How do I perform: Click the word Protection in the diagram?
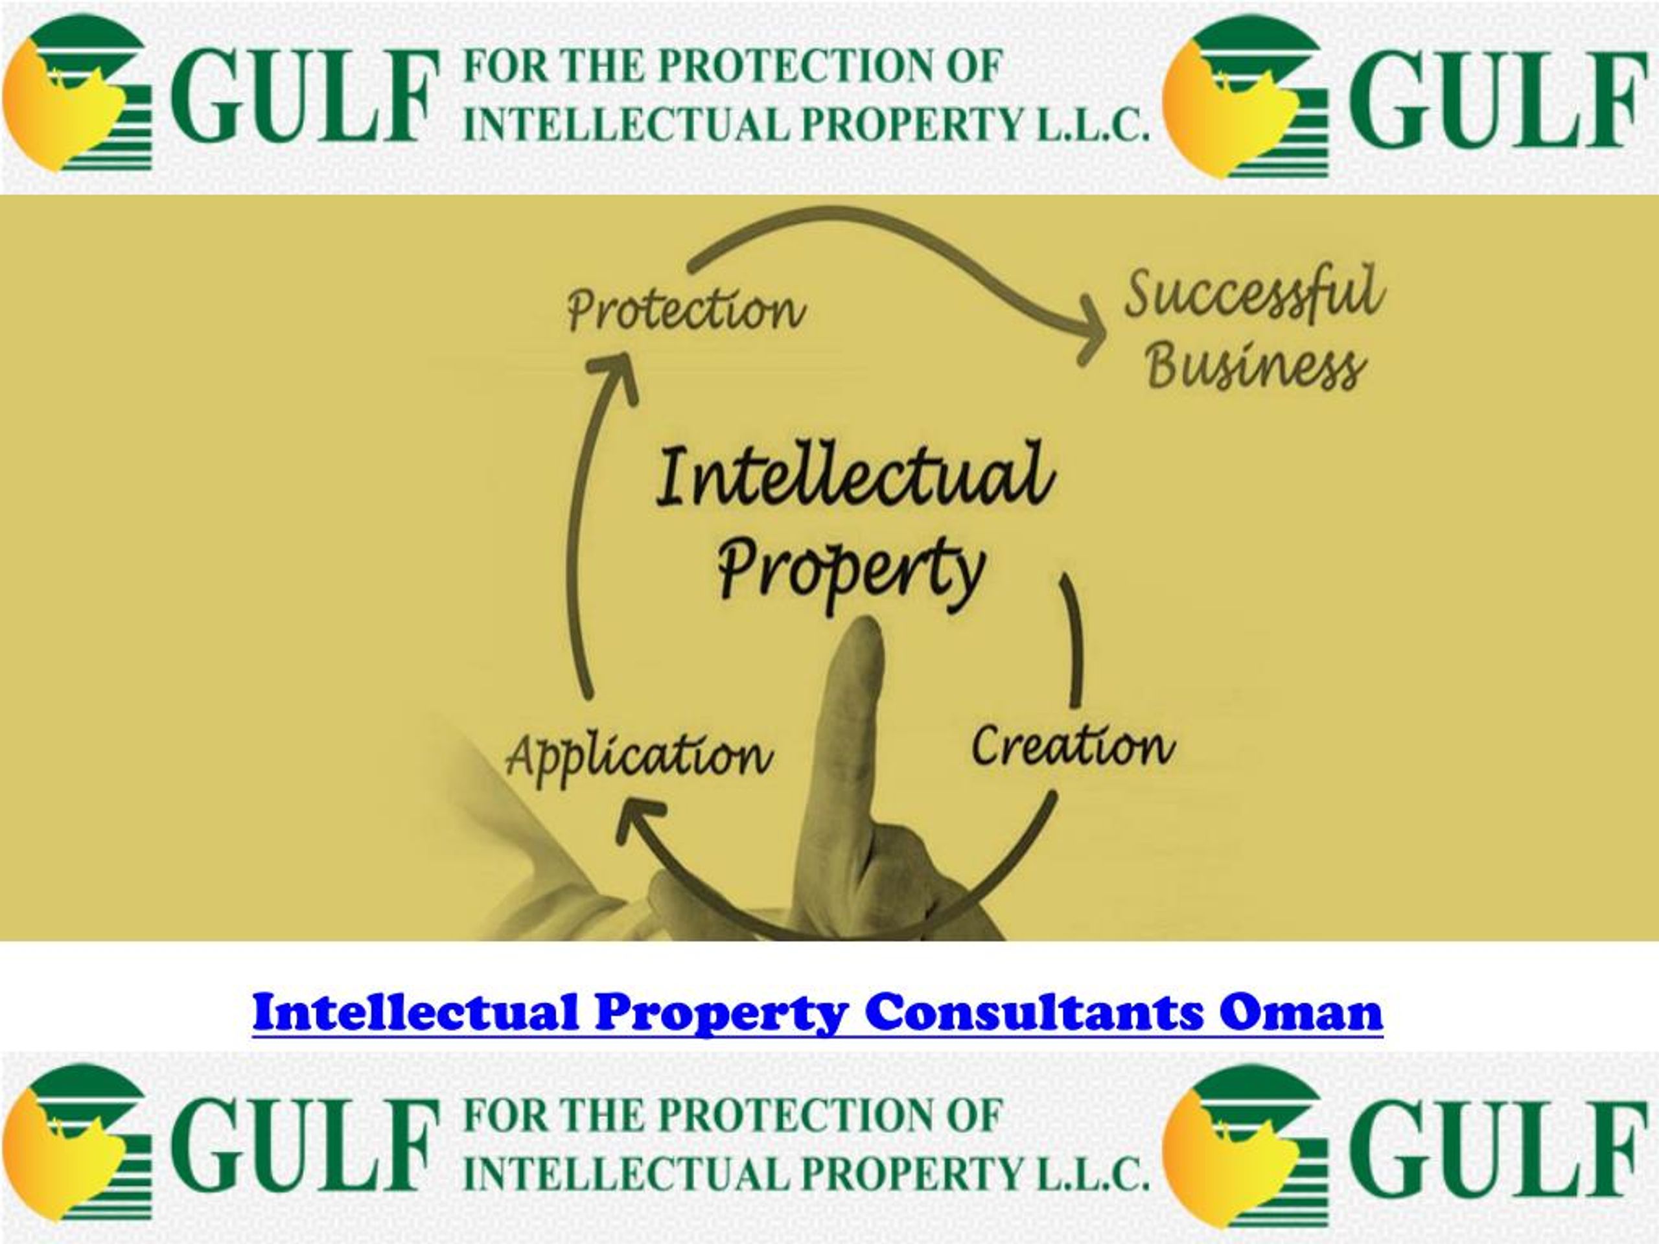[x=686, y=310]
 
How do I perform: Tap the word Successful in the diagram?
[x=1254, y=292]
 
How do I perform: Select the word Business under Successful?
[x=1255, y=367]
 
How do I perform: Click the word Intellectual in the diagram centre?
[x=855, y=476]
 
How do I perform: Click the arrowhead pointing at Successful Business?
[x=1092, y=330]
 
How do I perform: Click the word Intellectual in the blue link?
[x=416, y=1012]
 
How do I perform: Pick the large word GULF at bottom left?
[x=304, y=1145]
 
